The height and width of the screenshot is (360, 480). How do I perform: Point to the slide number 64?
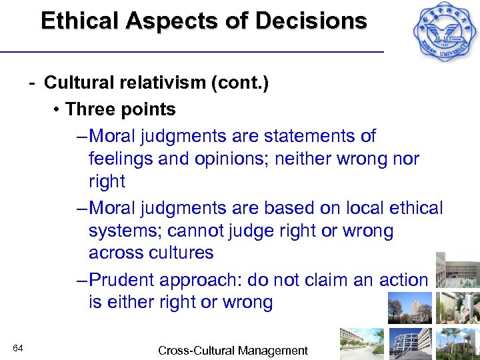click(x=18, y=349)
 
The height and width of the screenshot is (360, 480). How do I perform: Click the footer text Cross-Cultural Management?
click(x=233, y=350)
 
